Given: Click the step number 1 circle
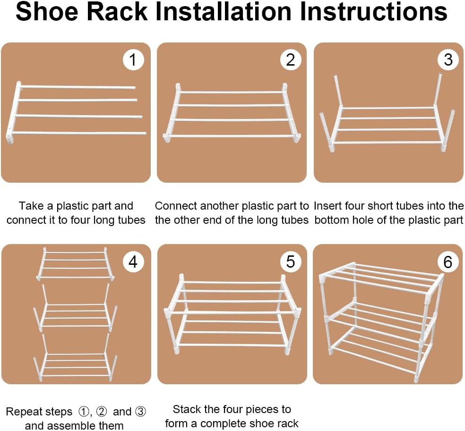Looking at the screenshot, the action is (x=133, y=59).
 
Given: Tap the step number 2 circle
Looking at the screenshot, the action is (x=291, y=59).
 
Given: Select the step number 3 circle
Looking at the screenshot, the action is (x=448, y=59).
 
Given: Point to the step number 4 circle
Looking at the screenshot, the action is (x=133, y=262).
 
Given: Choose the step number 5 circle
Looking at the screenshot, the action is (x=291, y=262).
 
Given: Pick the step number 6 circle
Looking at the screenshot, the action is (x=448, y=262).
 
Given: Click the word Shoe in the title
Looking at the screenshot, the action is (x=47, y=11).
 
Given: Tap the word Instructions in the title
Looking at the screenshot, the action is (x=374, y=11).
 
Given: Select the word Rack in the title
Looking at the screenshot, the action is (x=118, y=11).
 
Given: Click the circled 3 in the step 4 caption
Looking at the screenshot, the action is (x=140, y=412).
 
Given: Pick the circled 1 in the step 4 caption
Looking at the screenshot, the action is (x=84, y=412).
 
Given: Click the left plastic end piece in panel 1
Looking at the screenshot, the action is (x=14, y=112).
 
